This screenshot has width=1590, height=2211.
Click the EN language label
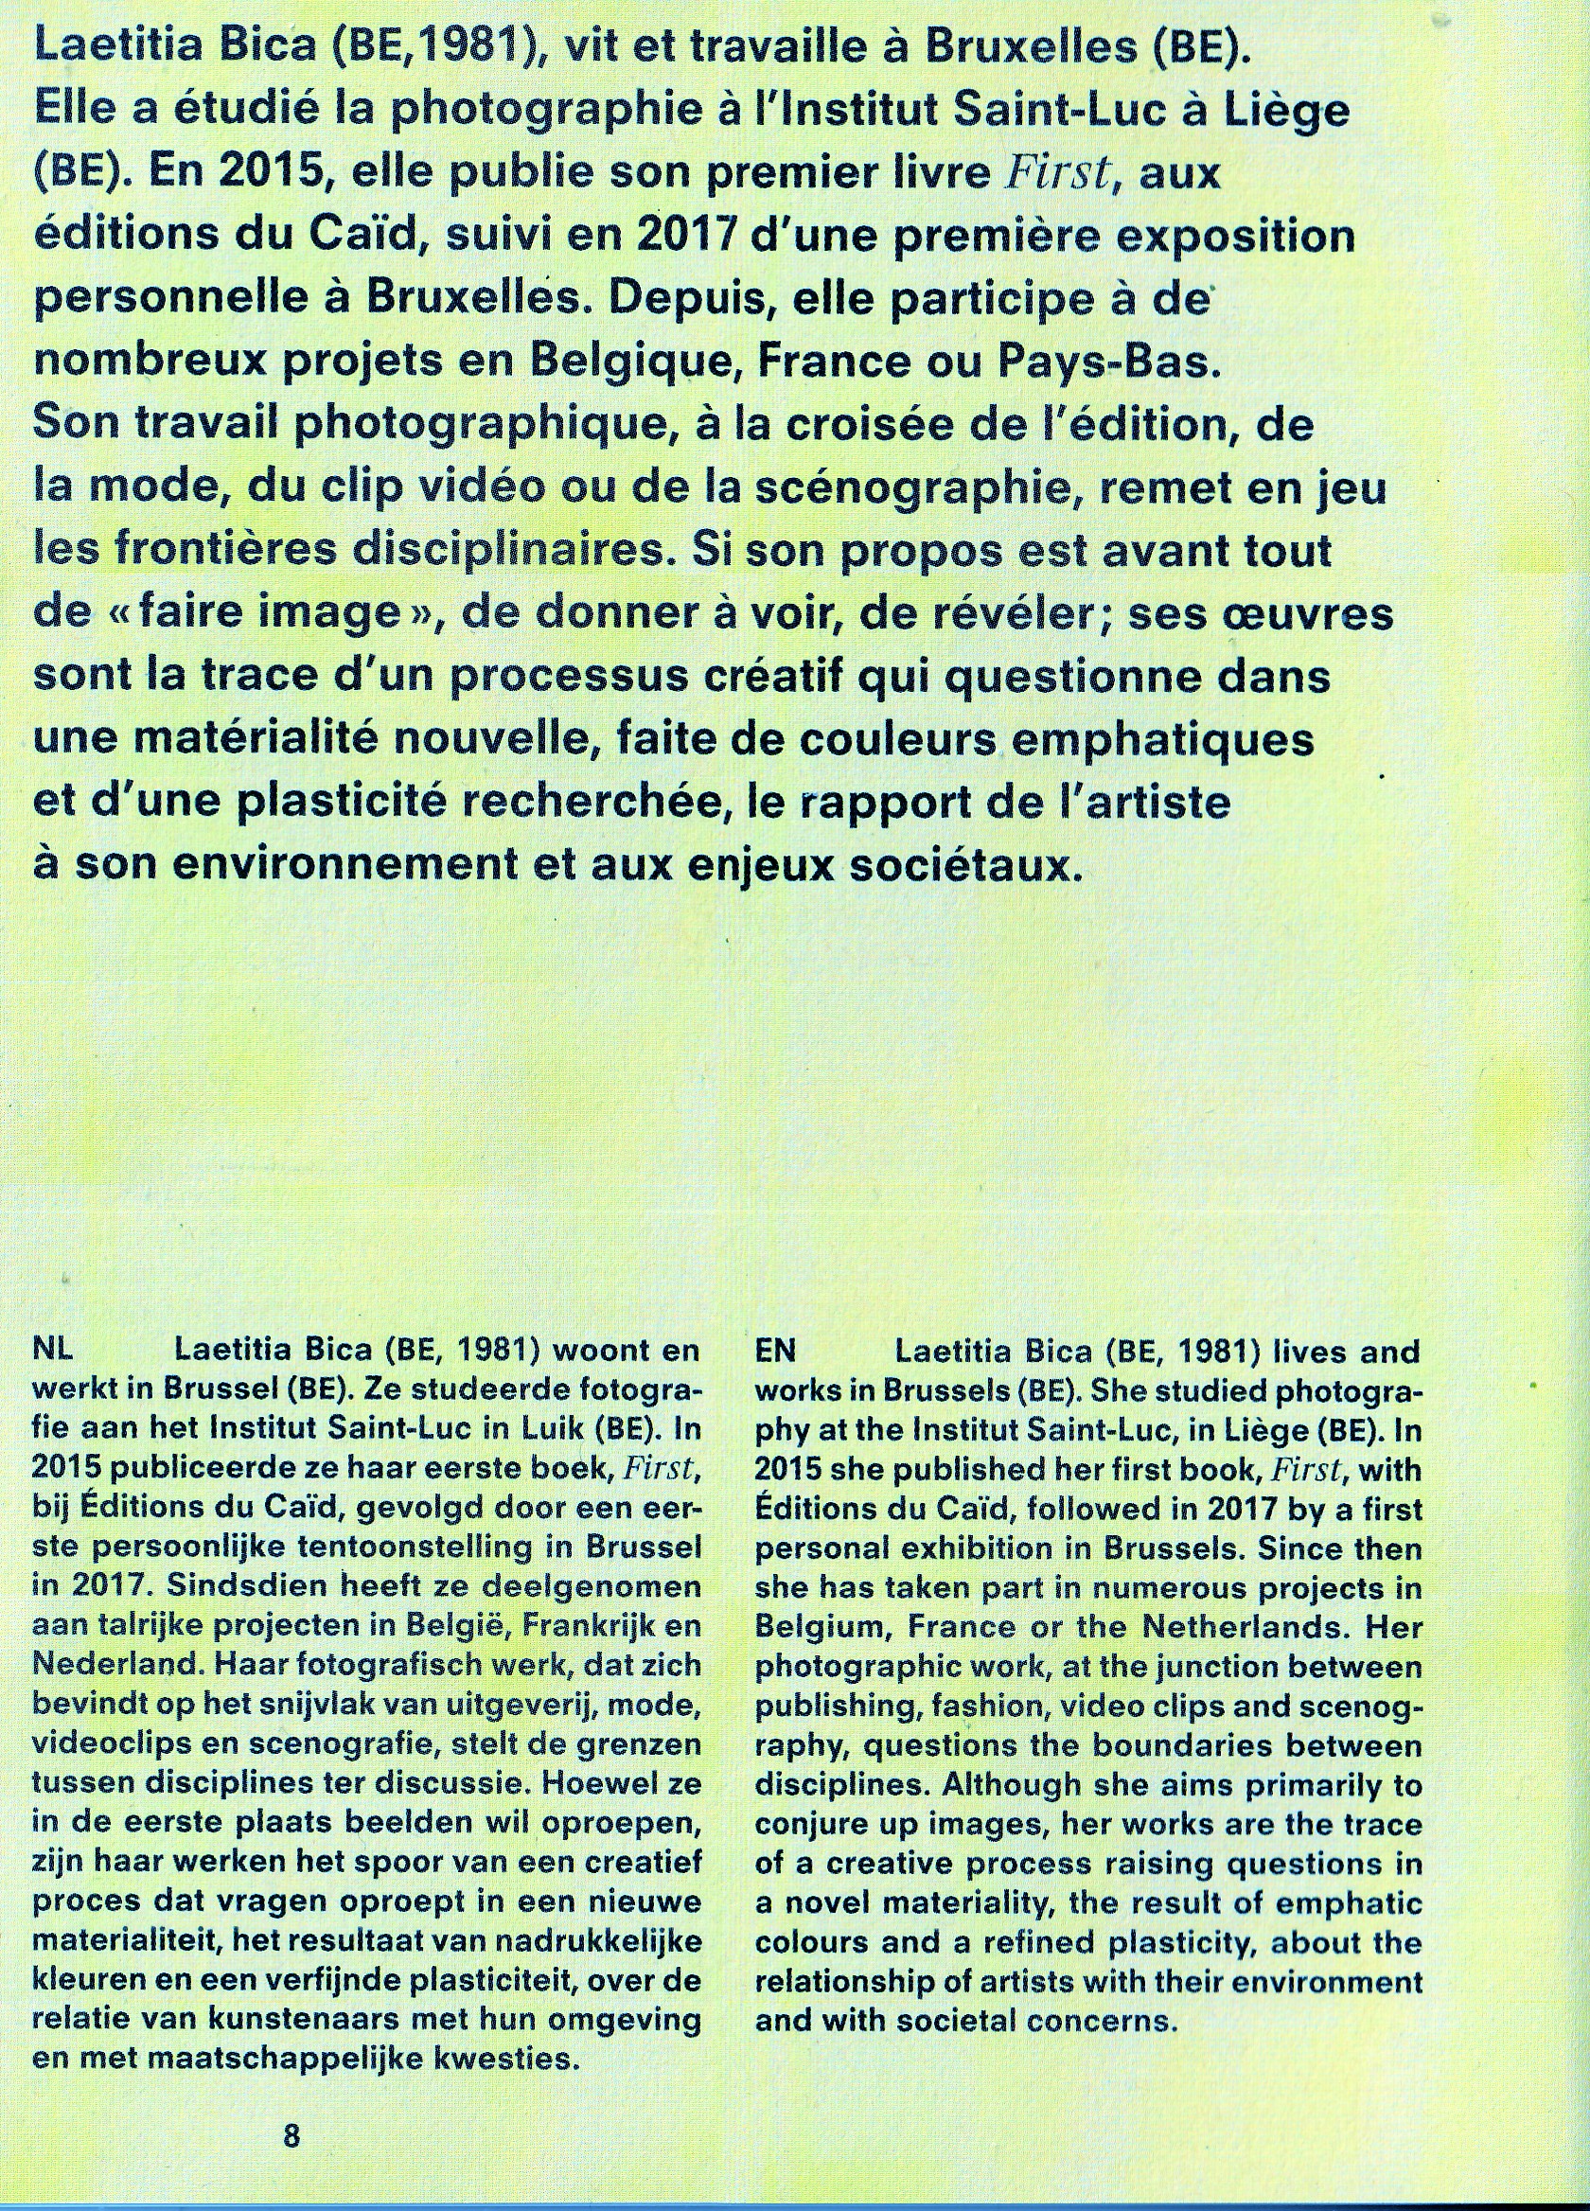pyautogui.click(x=777, y=1353)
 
